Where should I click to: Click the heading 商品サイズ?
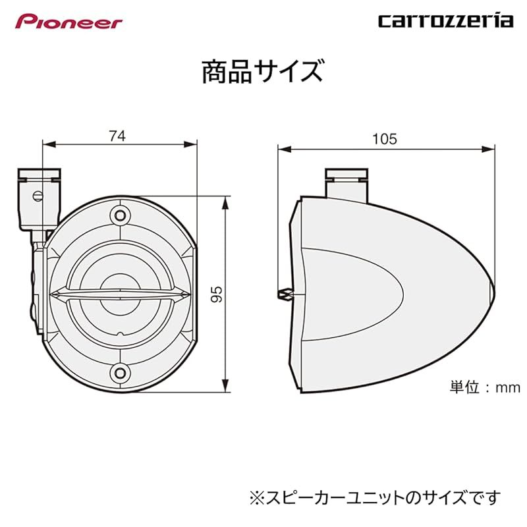(x=262, y=72)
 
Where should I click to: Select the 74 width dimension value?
(x=117, y=136)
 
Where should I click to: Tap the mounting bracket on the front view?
(x=38, y=198)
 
